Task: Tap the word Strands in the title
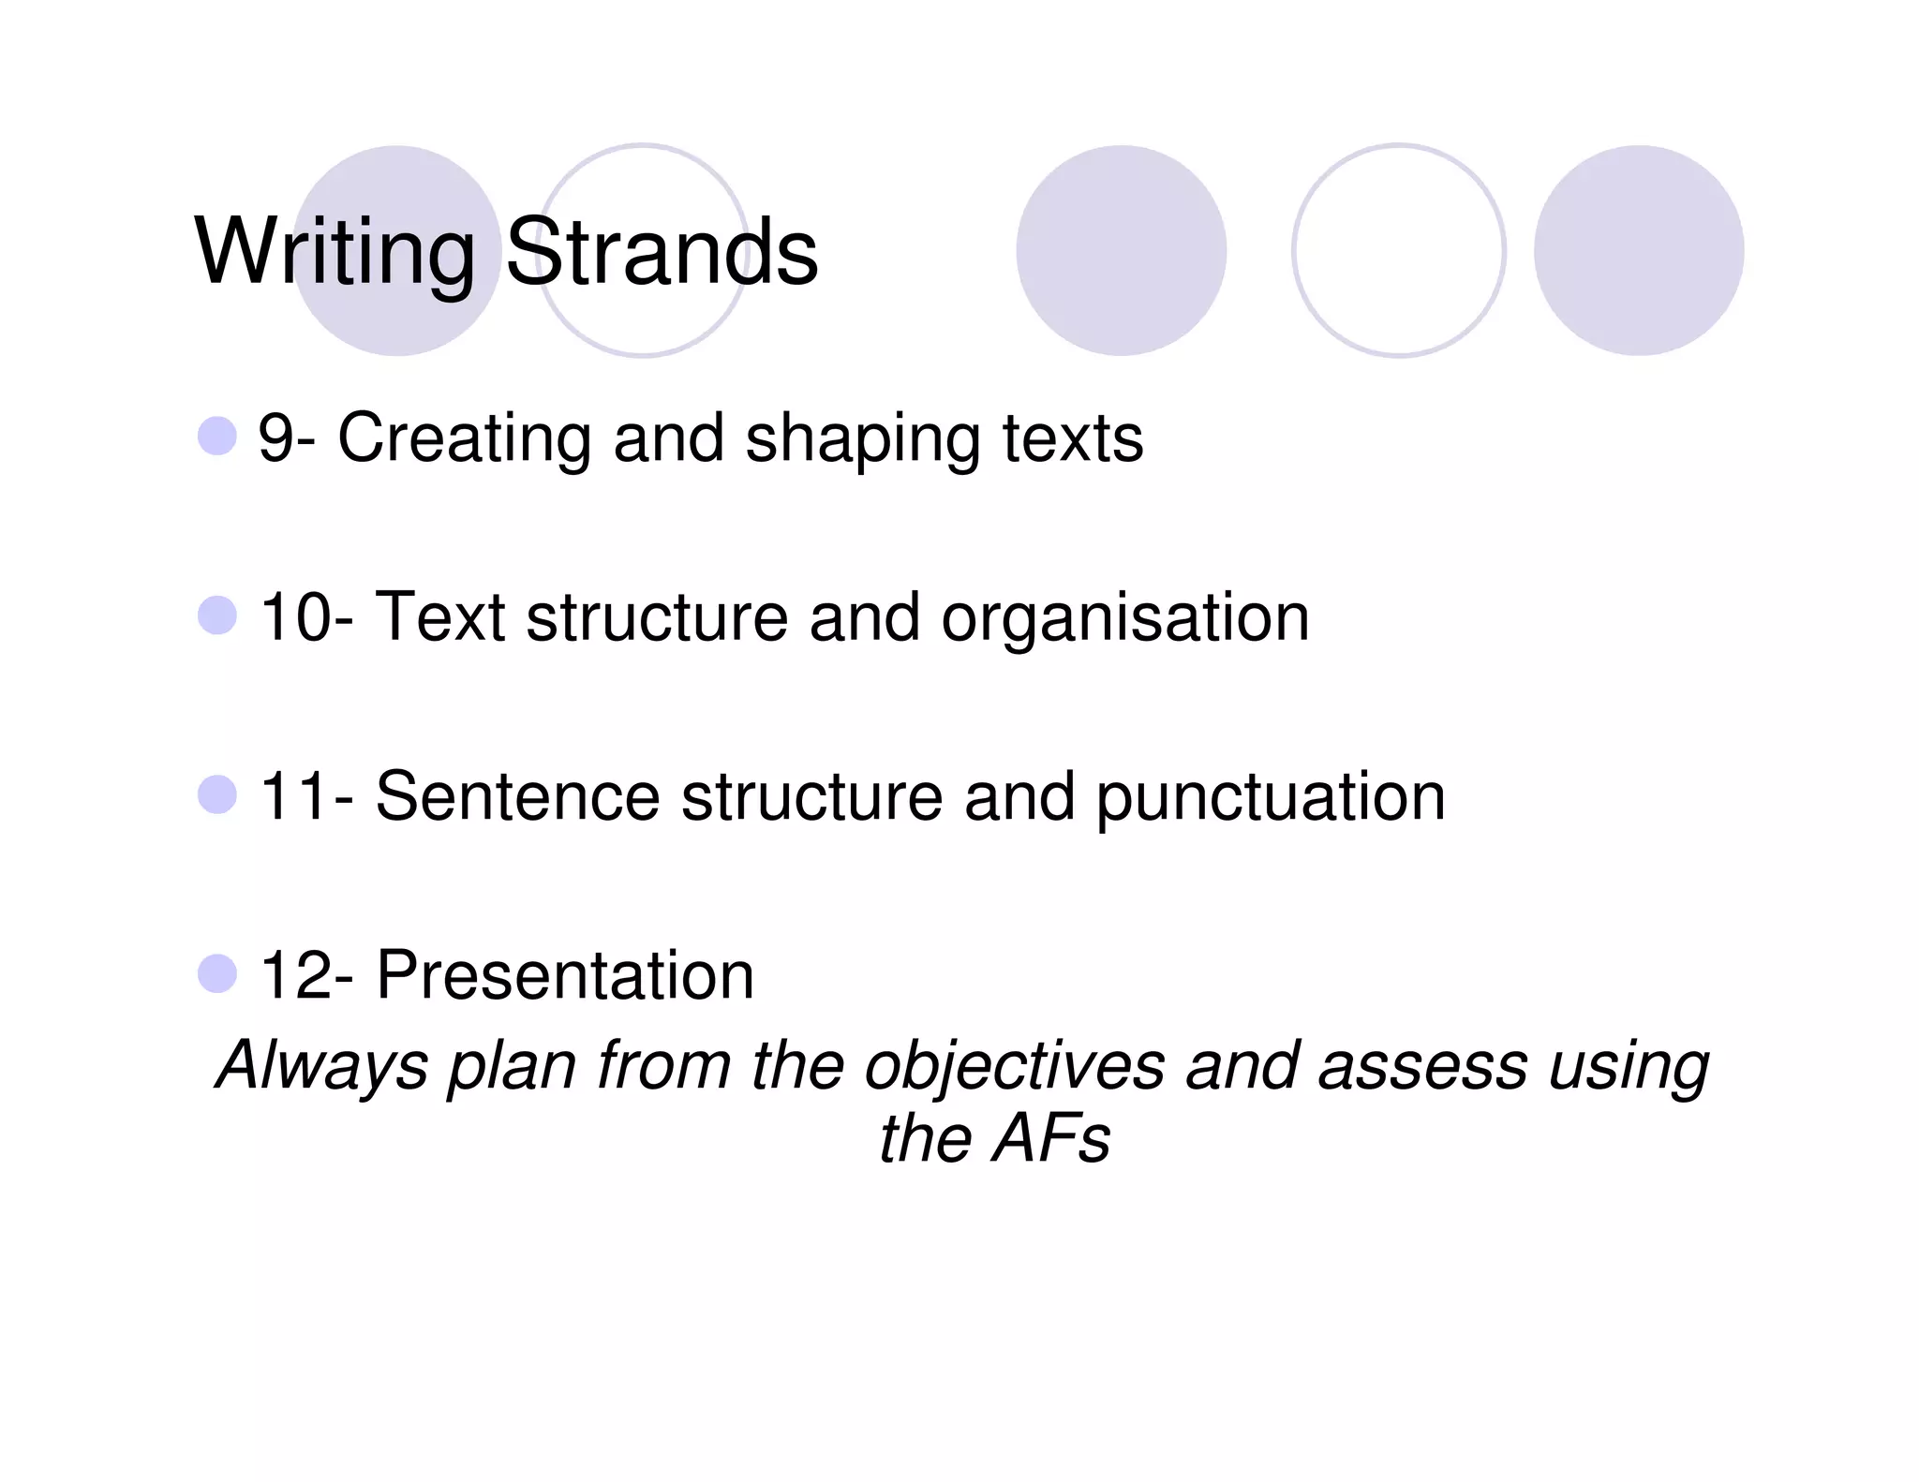coord(662,253)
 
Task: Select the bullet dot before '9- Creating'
coord(217,437)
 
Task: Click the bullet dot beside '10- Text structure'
coord(217,616)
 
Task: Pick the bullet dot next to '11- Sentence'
coord(217,795)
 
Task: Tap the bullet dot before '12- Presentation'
coord(217,974)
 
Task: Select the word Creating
coord(464,439)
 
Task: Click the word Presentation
coord(565,975)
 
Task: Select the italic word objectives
coord(1014,1066)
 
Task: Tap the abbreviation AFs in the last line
coord(1051,1139)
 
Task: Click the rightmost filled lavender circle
coord(1638,250)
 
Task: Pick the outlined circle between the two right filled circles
coord(1398,250)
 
